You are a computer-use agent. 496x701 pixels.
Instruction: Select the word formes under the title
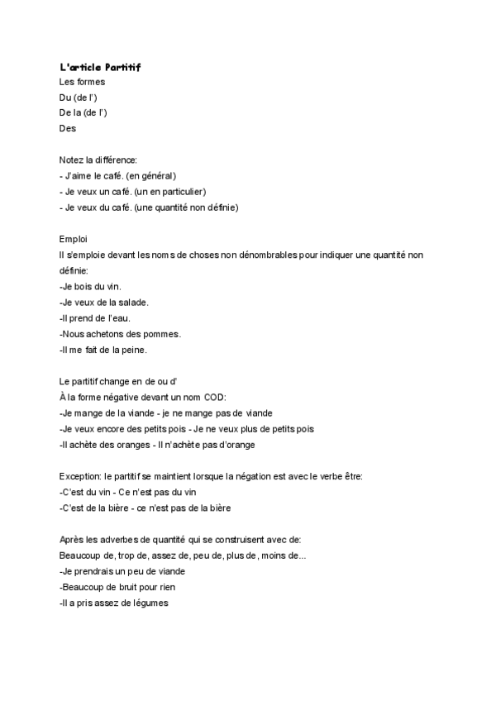[91, 82]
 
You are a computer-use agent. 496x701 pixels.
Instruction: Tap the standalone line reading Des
[68, 128]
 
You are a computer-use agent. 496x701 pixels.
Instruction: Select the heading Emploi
[74, 238]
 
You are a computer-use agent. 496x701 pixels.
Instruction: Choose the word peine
[131, 350]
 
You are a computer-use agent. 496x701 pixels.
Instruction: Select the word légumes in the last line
[148, 603]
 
